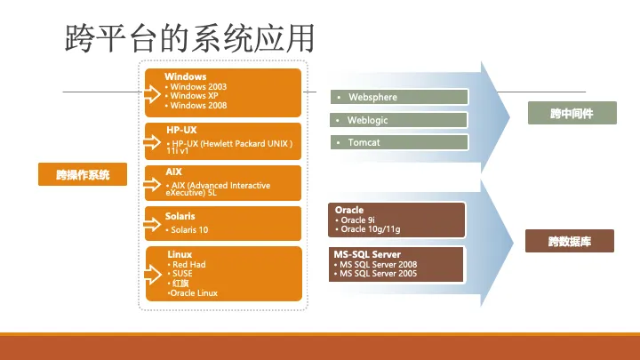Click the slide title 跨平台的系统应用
click(190, 38)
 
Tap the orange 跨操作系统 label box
click(83, 174)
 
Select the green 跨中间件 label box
click(572, 113)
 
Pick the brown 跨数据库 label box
click(570, 241)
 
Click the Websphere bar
click(399, 97)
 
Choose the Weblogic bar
click(398, 120)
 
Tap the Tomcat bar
click(399, 142)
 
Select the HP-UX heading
click(181, 130)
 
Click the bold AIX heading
click(173, 172)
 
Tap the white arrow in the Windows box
click(151, 94)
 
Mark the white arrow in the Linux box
click(153, 275)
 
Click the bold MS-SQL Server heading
click(367, 254)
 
